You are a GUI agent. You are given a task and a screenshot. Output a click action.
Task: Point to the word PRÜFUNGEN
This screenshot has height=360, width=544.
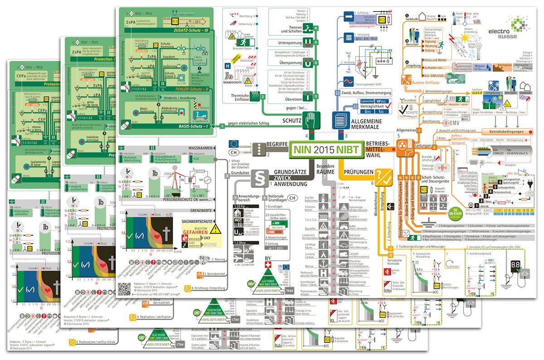click(x=358, y=172)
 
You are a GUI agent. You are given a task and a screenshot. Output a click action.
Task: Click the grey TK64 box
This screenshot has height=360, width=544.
click(x=289, y=289)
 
